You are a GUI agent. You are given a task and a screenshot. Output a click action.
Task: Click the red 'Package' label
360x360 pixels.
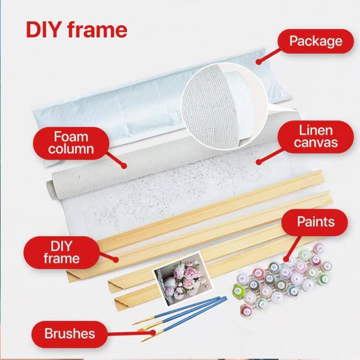click(x=316, y=41)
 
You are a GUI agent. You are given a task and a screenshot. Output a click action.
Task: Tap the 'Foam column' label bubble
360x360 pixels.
click(x=71, y=143)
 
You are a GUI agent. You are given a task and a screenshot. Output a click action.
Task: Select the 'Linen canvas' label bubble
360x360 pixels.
click(x=316, y=136)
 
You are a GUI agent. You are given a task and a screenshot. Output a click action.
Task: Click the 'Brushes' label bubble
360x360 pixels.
click(x=69, y=334)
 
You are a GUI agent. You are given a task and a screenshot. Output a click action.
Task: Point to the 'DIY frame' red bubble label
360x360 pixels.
click(x=61, y=253)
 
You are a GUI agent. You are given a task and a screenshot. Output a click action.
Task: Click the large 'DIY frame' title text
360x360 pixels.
click(x=76, y=30)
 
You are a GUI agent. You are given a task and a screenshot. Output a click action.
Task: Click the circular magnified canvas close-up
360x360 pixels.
click(x=224, y=107)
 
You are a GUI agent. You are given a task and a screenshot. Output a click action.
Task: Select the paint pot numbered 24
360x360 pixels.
click(x=319, y=249)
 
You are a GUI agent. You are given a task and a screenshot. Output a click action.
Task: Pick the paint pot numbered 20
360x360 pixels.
click(x=258, y=273)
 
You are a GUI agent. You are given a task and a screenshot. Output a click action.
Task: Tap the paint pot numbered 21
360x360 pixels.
click(x=273, y=268)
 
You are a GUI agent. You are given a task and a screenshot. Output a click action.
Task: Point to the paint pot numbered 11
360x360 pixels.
click(x=262, y=304)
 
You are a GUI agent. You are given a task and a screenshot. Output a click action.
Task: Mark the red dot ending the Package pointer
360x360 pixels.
click(x=259, y=61)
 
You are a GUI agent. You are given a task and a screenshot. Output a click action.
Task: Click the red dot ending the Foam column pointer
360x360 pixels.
click(x=124, y=165)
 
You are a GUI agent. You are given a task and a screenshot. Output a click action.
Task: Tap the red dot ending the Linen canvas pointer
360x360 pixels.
click(x=259, y=162)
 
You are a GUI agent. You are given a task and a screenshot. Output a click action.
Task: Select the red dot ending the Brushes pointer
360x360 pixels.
click(x=152, y=333)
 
